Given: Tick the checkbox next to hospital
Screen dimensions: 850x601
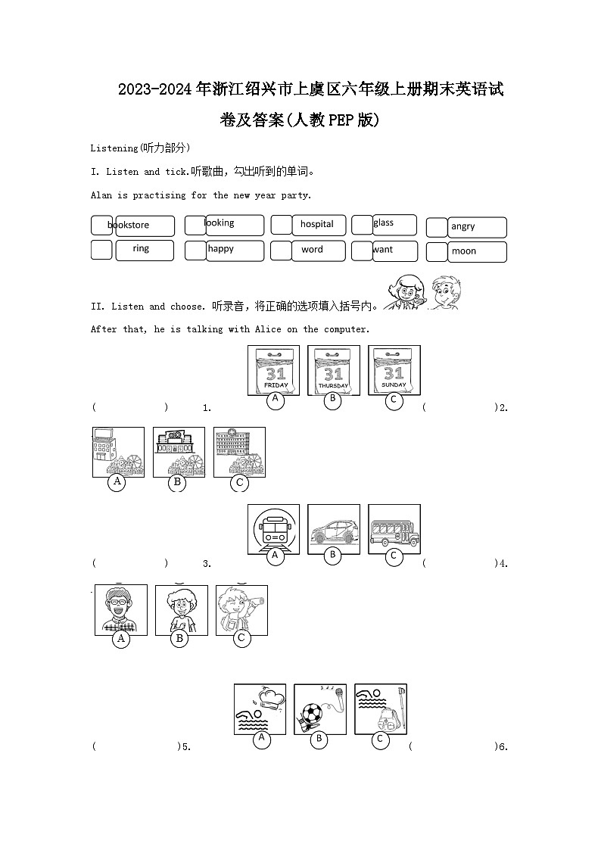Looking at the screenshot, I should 282,225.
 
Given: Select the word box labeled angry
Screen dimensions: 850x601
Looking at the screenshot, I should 476,227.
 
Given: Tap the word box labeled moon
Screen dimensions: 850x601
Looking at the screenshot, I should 476,251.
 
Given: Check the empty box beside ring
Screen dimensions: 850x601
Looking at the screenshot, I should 101,250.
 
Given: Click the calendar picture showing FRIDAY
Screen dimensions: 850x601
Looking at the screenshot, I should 274,370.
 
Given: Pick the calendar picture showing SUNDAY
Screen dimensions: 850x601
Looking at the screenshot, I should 394,370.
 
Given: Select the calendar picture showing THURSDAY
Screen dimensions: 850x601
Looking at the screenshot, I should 334,370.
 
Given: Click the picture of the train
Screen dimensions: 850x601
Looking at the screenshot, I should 274,529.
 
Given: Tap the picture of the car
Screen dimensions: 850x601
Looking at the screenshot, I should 334,529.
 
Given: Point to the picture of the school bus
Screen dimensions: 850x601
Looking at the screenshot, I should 394,529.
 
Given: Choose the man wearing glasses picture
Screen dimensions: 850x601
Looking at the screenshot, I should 121,609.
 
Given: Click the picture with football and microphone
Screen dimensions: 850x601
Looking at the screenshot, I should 320,708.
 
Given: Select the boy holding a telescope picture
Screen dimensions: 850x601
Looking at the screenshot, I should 241,609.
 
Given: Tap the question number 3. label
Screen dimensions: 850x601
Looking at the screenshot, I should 207,564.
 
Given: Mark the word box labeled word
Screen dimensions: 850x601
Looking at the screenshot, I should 318,250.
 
